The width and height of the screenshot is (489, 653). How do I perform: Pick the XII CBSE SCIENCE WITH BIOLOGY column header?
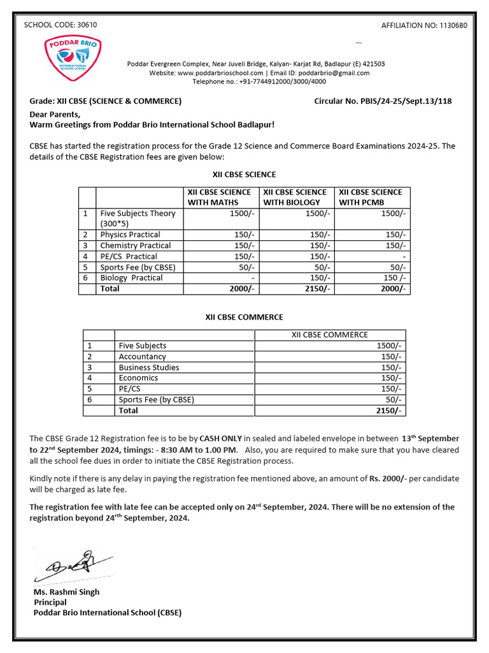pyautogui.click(x=295, y=197)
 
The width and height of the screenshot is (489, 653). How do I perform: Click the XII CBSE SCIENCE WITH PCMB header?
pyautogui.click(x=371, y=197)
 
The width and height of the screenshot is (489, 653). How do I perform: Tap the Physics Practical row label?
pyautogui.click(x=130, y=235)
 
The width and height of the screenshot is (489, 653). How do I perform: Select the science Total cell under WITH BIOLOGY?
pyautogui.click(x=317, y=289)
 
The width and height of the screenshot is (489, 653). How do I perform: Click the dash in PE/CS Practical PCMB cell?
pyautogui.click(x=404, y=256)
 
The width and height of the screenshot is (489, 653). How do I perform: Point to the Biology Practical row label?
pyautogui.click(x=131, y=278)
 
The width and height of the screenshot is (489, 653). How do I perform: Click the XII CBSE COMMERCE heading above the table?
pyautogui.click(x=244, y=317)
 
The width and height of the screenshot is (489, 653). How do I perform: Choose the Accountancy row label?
pyautogui.click(x=142, y=356)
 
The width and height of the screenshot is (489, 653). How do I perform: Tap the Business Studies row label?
pyautogui.click(x=149, y=367)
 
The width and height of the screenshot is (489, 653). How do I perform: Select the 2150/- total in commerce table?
pyautogui.click(x=389, y=411)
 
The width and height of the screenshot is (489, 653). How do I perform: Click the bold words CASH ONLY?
pyautogui.click(x=220, y=439)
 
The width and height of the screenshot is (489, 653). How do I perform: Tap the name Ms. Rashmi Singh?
pyautogui.click(x=66, y=592)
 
